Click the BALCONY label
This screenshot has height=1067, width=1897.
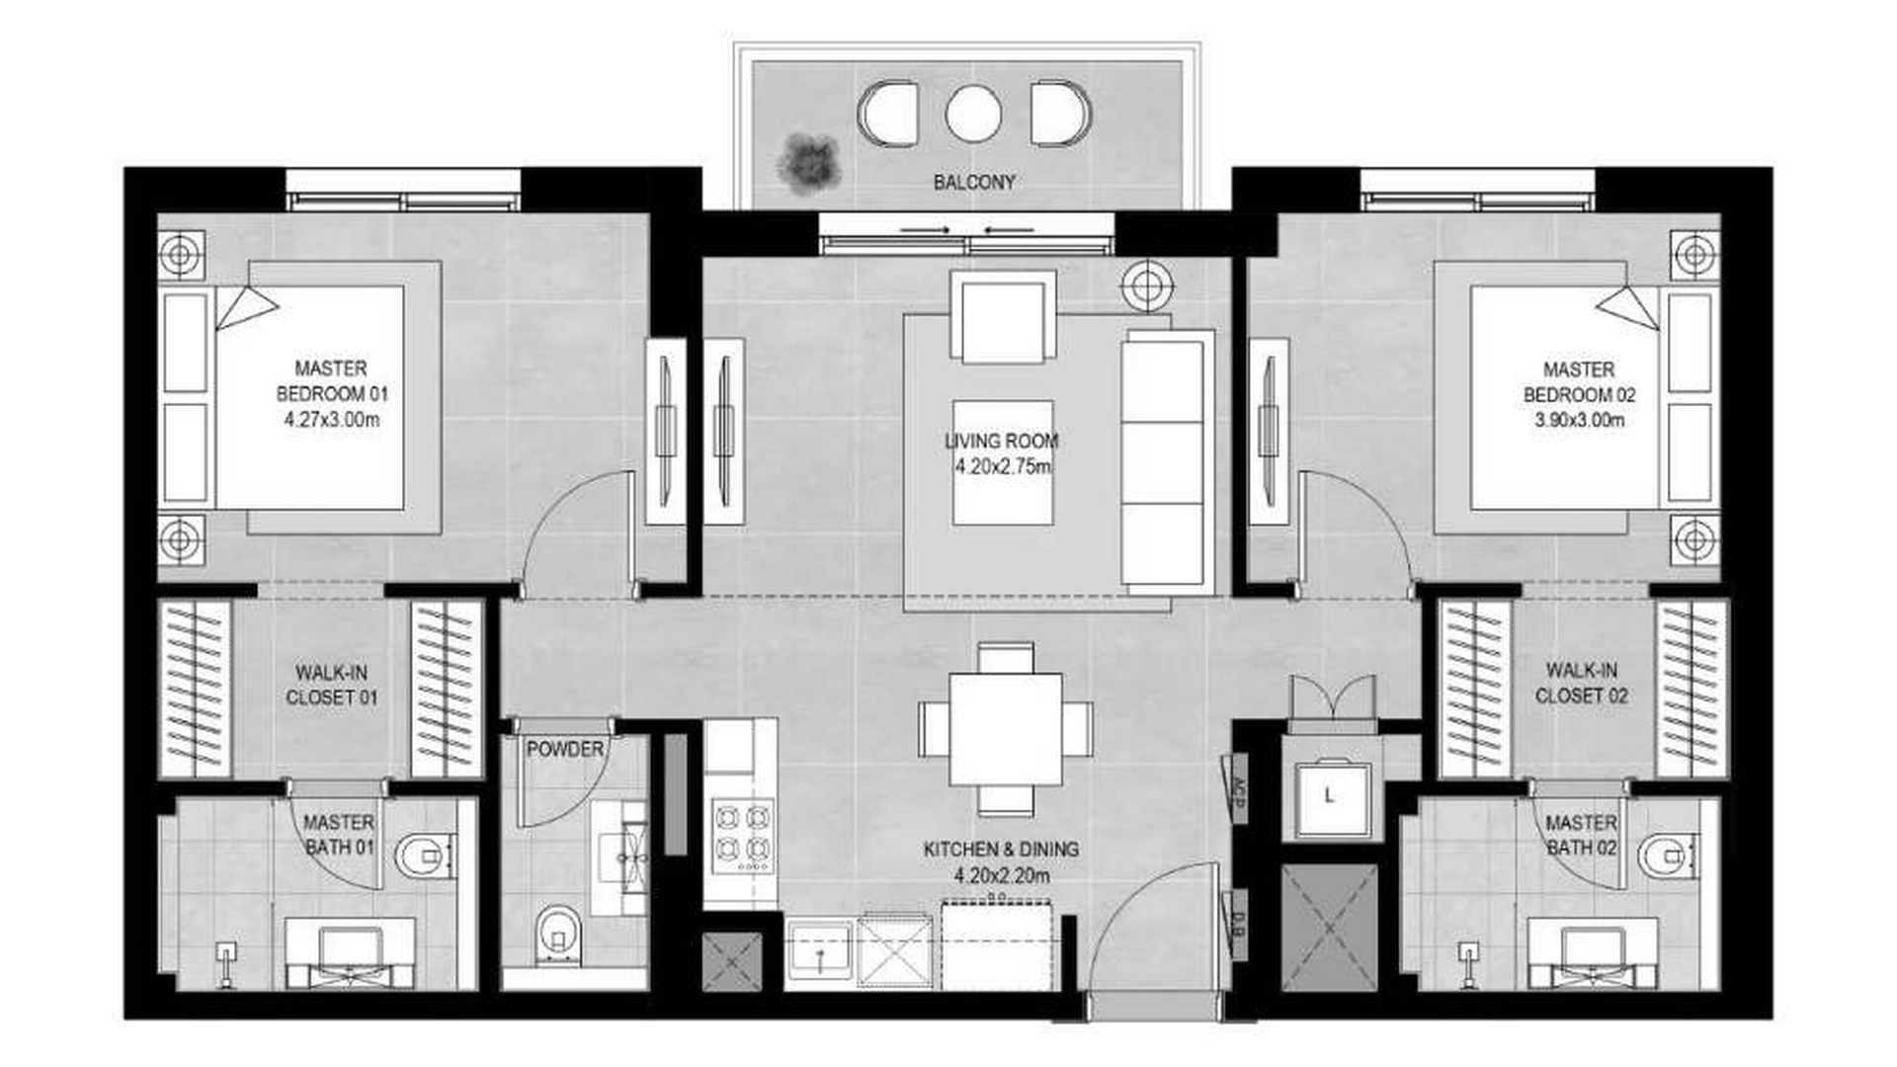[974, 182]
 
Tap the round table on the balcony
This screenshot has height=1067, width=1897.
[973, 114]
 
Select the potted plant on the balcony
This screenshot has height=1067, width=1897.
[809, 163]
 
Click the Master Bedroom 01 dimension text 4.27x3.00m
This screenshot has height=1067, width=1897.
[332, 419]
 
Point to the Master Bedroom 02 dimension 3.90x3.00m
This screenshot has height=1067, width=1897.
[1579, 420]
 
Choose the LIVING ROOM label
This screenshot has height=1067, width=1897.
[1002, 441]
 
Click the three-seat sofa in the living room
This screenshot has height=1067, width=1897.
[1168, 462]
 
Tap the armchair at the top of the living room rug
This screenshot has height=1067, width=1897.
[1003, 316]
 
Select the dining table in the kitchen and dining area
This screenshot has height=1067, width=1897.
[1006, 729]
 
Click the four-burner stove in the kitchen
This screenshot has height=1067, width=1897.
[743, 836]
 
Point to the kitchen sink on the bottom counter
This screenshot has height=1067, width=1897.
[819, 949]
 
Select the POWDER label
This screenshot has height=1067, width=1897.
[565, 749]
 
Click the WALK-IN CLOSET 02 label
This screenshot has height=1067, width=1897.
[1582, 683]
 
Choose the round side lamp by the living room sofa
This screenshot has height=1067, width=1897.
[1147, 287]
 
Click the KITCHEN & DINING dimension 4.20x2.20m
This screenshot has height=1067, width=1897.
[1002, 875]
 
